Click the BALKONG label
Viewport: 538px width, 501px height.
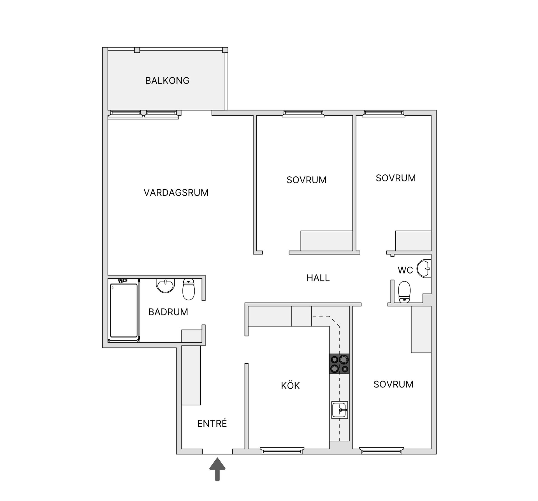coord(167,81)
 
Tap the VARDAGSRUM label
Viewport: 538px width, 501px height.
coord(176,193)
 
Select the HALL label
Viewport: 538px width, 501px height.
coord(318,278)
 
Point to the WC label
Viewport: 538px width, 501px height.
coord(405,270)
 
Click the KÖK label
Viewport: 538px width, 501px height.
coord(290,385)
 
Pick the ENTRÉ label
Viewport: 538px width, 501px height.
coord(212,423)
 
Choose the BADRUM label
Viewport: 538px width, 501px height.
coord(168,312)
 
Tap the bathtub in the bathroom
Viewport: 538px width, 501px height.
coord(124,310)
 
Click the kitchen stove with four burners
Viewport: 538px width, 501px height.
coord(339,364)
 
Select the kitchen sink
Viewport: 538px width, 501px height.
coord(339,410)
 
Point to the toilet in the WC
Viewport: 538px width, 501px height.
coord(404,292)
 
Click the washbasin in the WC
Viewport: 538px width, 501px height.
coord(423,269)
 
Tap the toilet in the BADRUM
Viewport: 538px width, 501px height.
coord(189,289)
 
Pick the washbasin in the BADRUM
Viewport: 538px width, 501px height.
coord(166,286)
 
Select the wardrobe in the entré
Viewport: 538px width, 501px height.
coord(191,375)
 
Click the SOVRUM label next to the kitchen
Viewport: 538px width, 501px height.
coord(393,384)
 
